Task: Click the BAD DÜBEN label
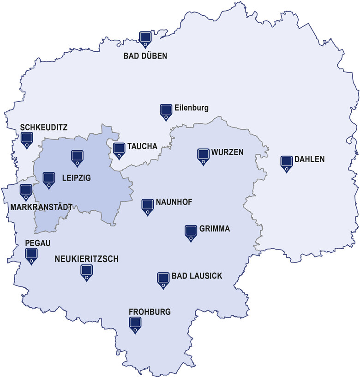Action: tap(145, 56)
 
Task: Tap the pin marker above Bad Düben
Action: tap(145, 38)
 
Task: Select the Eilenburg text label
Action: tap(192, 109)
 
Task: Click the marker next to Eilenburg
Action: tap(166, 111)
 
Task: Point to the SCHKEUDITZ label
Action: tap(44, 127)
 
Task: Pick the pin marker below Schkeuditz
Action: tap(27, 139)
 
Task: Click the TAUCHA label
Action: tap(143, 146)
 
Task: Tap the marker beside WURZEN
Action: tap(203, 155)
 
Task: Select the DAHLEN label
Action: tap(310, 159)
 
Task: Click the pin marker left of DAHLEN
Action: tap(287, 163)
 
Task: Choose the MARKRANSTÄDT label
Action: tap(41, 207)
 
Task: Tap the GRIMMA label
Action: tap(215, 229)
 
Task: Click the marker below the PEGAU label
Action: tap(31, 255)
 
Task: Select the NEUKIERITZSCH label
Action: tap(86, 260)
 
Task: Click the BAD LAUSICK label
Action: tap(197, 276)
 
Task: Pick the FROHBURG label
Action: tap(150, 312)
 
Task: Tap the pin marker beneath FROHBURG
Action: tap(135, 324)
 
